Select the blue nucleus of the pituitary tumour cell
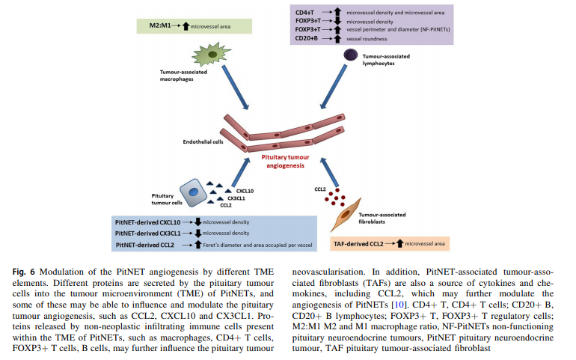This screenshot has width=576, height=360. click(x=193, y=193)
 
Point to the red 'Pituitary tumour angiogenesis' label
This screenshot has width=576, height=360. click(x=287, y=162)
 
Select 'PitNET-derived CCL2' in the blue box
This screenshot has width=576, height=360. click(x=144, y=244)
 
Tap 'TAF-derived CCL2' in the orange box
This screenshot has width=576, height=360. click(x=361, y=244)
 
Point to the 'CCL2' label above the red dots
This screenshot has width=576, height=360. click(x=320, y=189)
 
